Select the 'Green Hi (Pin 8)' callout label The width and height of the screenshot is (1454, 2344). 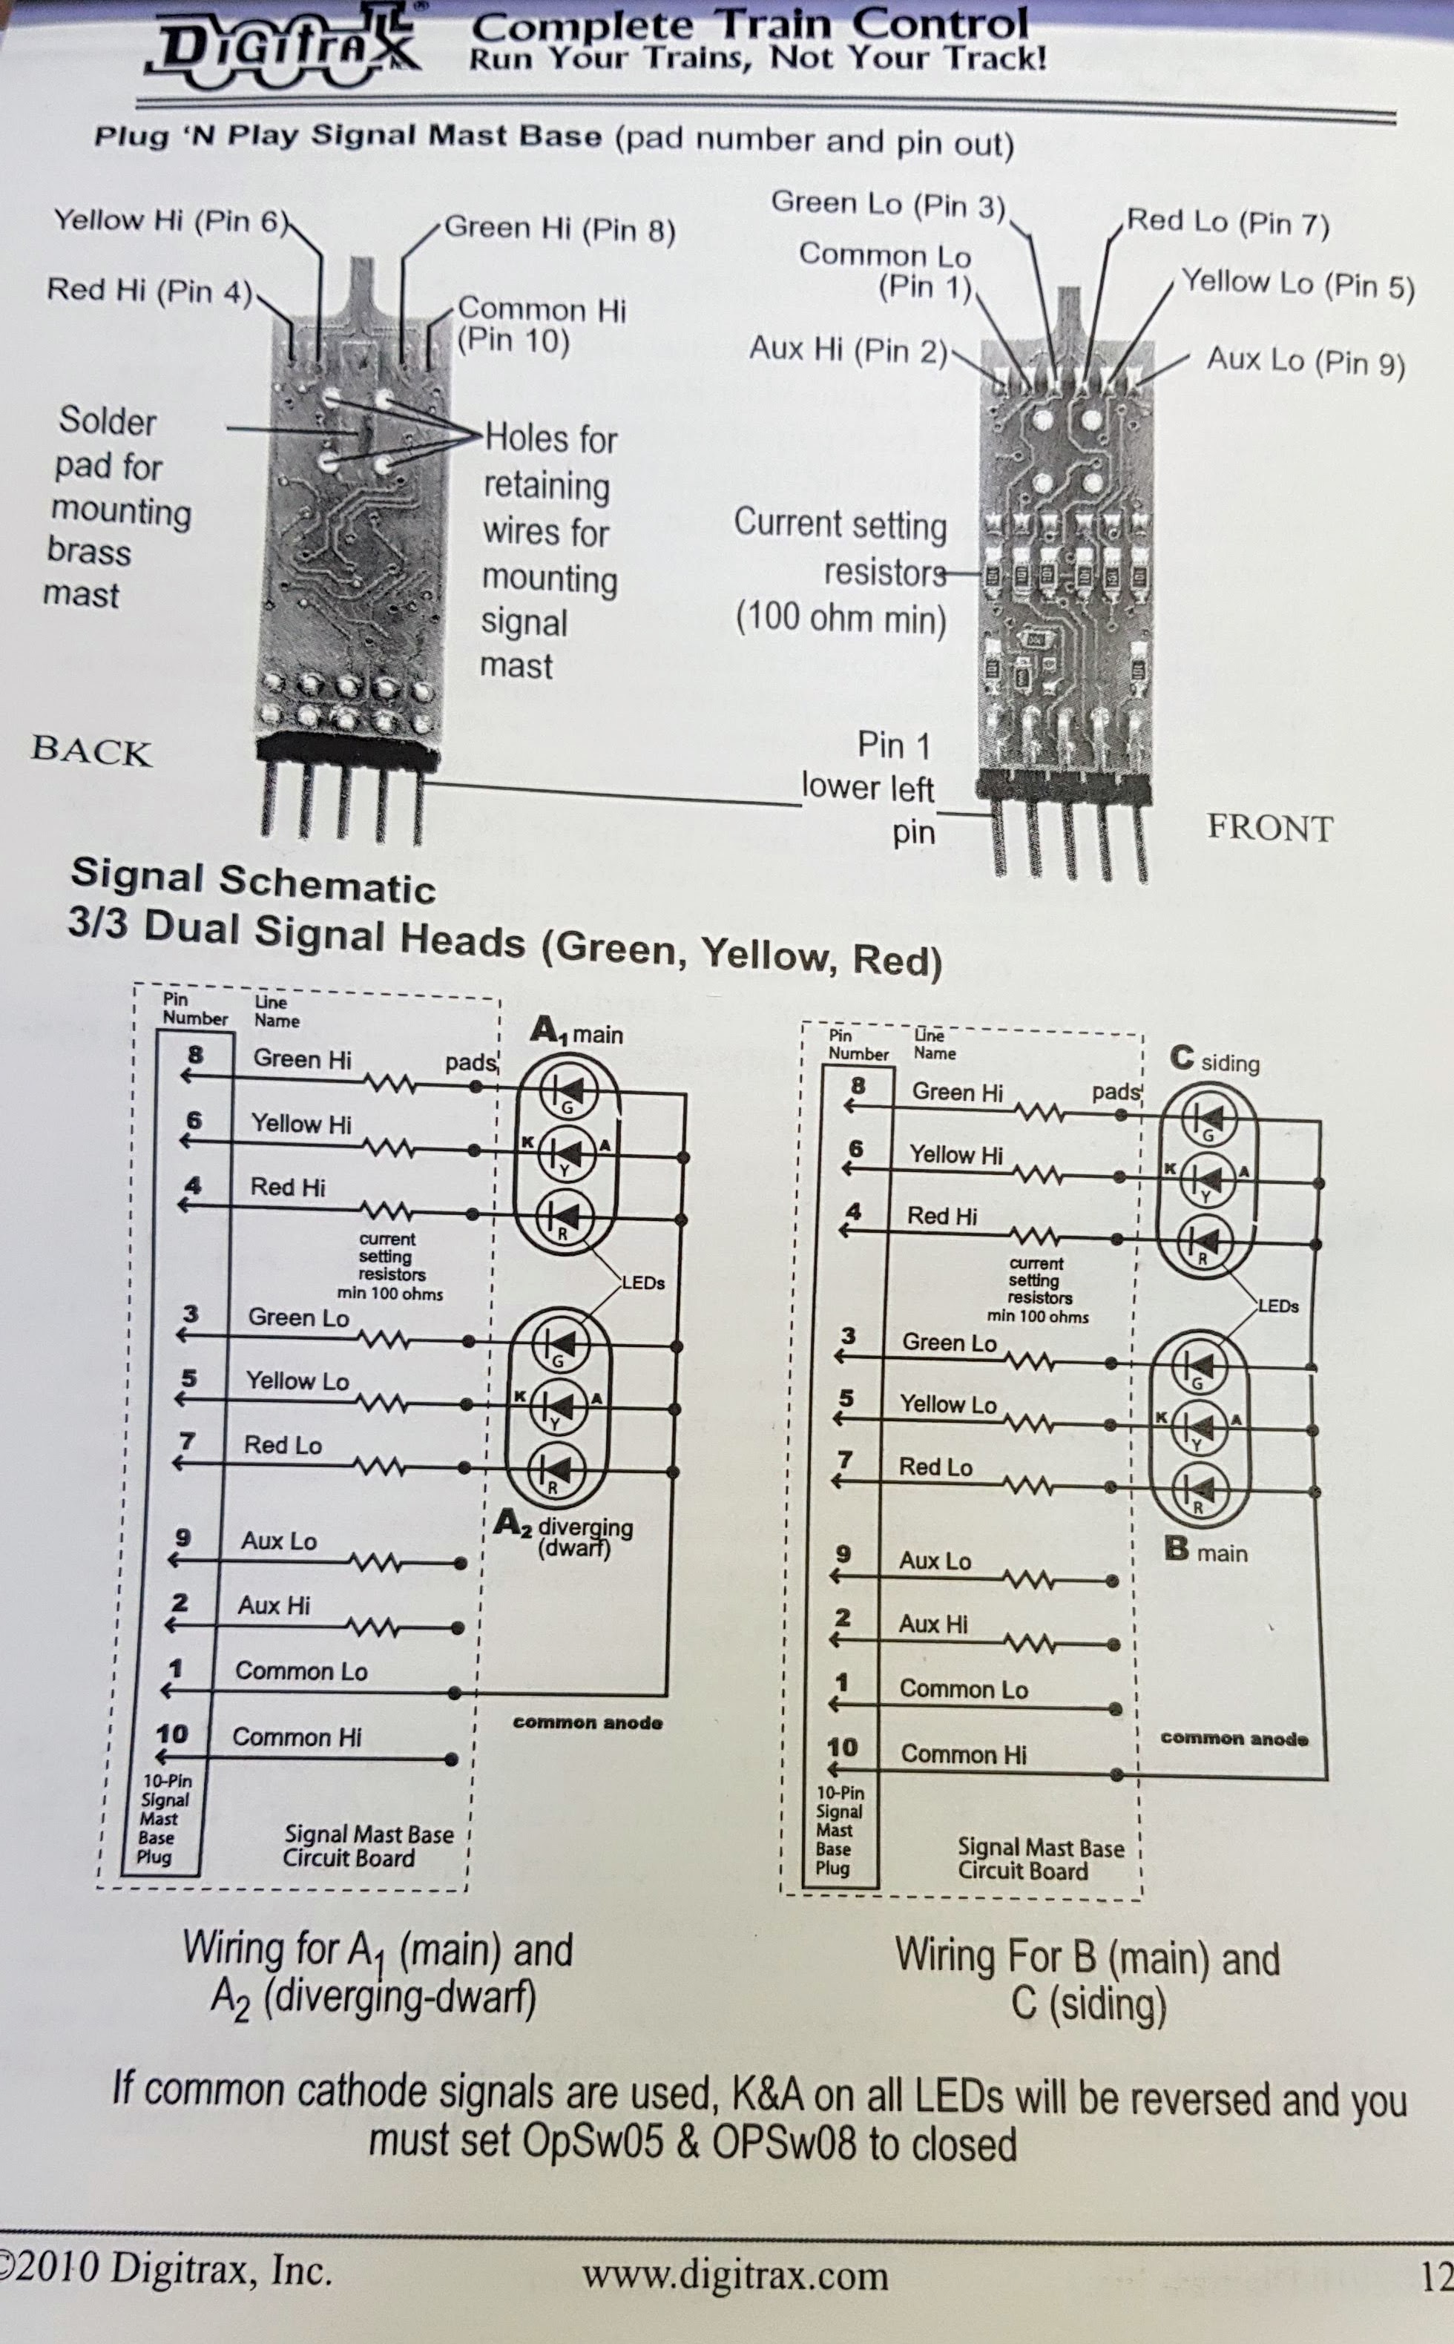(x=559, y=228)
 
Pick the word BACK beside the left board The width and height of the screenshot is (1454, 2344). (x=91, y=750)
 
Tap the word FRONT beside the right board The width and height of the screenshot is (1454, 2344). (x=1269, y=828)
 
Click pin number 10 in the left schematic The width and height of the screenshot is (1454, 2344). (x=171, y=1734)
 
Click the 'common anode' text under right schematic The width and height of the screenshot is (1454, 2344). (x=1234, y=1737)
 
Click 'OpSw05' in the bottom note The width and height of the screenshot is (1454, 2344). (x=591, y=2141)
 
